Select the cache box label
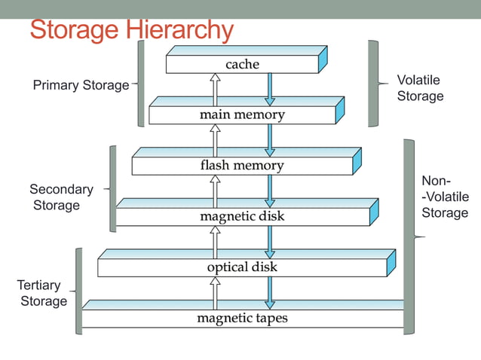point(242,65)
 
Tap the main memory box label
point(242,115)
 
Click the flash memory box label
point(242,166)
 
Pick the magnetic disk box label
point(242,217)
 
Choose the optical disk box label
point(242,267)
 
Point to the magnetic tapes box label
point(242,319)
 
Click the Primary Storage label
point(81,85)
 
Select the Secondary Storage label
point(61,197)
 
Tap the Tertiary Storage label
point(43,293)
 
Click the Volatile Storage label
point(419,88)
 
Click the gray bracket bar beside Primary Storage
point(141,83)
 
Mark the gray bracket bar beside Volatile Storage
point(373,83)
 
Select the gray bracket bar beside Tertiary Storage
point(78,290)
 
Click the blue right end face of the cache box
point(323,59)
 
